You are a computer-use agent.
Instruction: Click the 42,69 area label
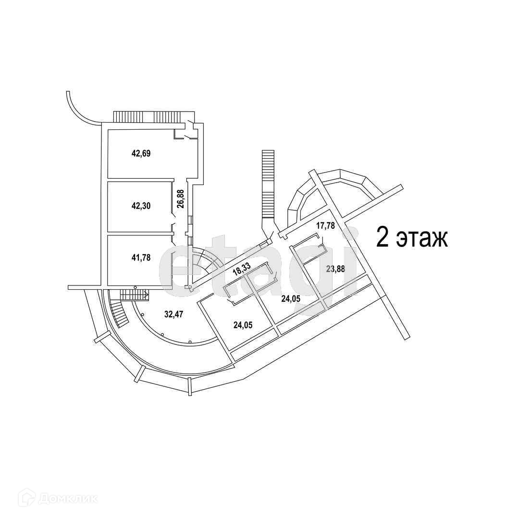(141, 154)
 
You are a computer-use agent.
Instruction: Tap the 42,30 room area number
(141, 206)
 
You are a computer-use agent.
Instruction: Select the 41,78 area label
(141, 258)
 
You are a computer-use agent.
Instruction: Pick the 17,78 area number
(325, 226)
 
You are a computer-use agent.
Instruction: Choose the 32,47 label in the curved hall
(174, 315)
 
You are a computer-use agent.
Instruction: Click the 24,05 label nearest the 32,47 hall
(244, 325)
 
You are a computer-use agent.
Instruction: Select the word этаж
(421, 239)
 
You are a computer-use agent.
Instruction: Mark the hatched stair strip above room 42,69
(147, 117)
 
